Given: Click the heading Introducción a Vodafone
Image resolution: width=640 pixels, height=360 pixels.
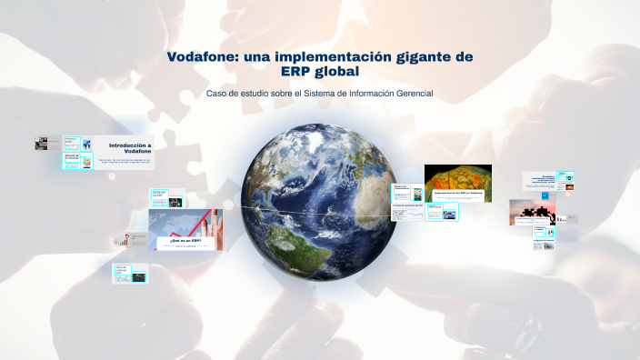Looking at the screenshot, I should point(130,148).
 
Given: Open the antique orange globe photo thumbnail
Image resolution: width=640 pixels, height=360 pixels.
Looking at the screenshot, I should point(457,183).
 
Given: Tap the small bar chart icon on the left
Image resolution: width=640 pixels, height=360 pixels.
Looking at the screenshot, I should point(120,241).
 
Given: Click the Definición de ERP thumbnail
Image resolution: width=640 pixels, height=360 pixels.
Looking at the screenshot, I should point(160,196).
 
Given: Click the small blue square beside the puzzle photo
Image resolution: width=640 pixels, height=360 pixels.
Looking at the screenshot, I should point(560,218).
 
